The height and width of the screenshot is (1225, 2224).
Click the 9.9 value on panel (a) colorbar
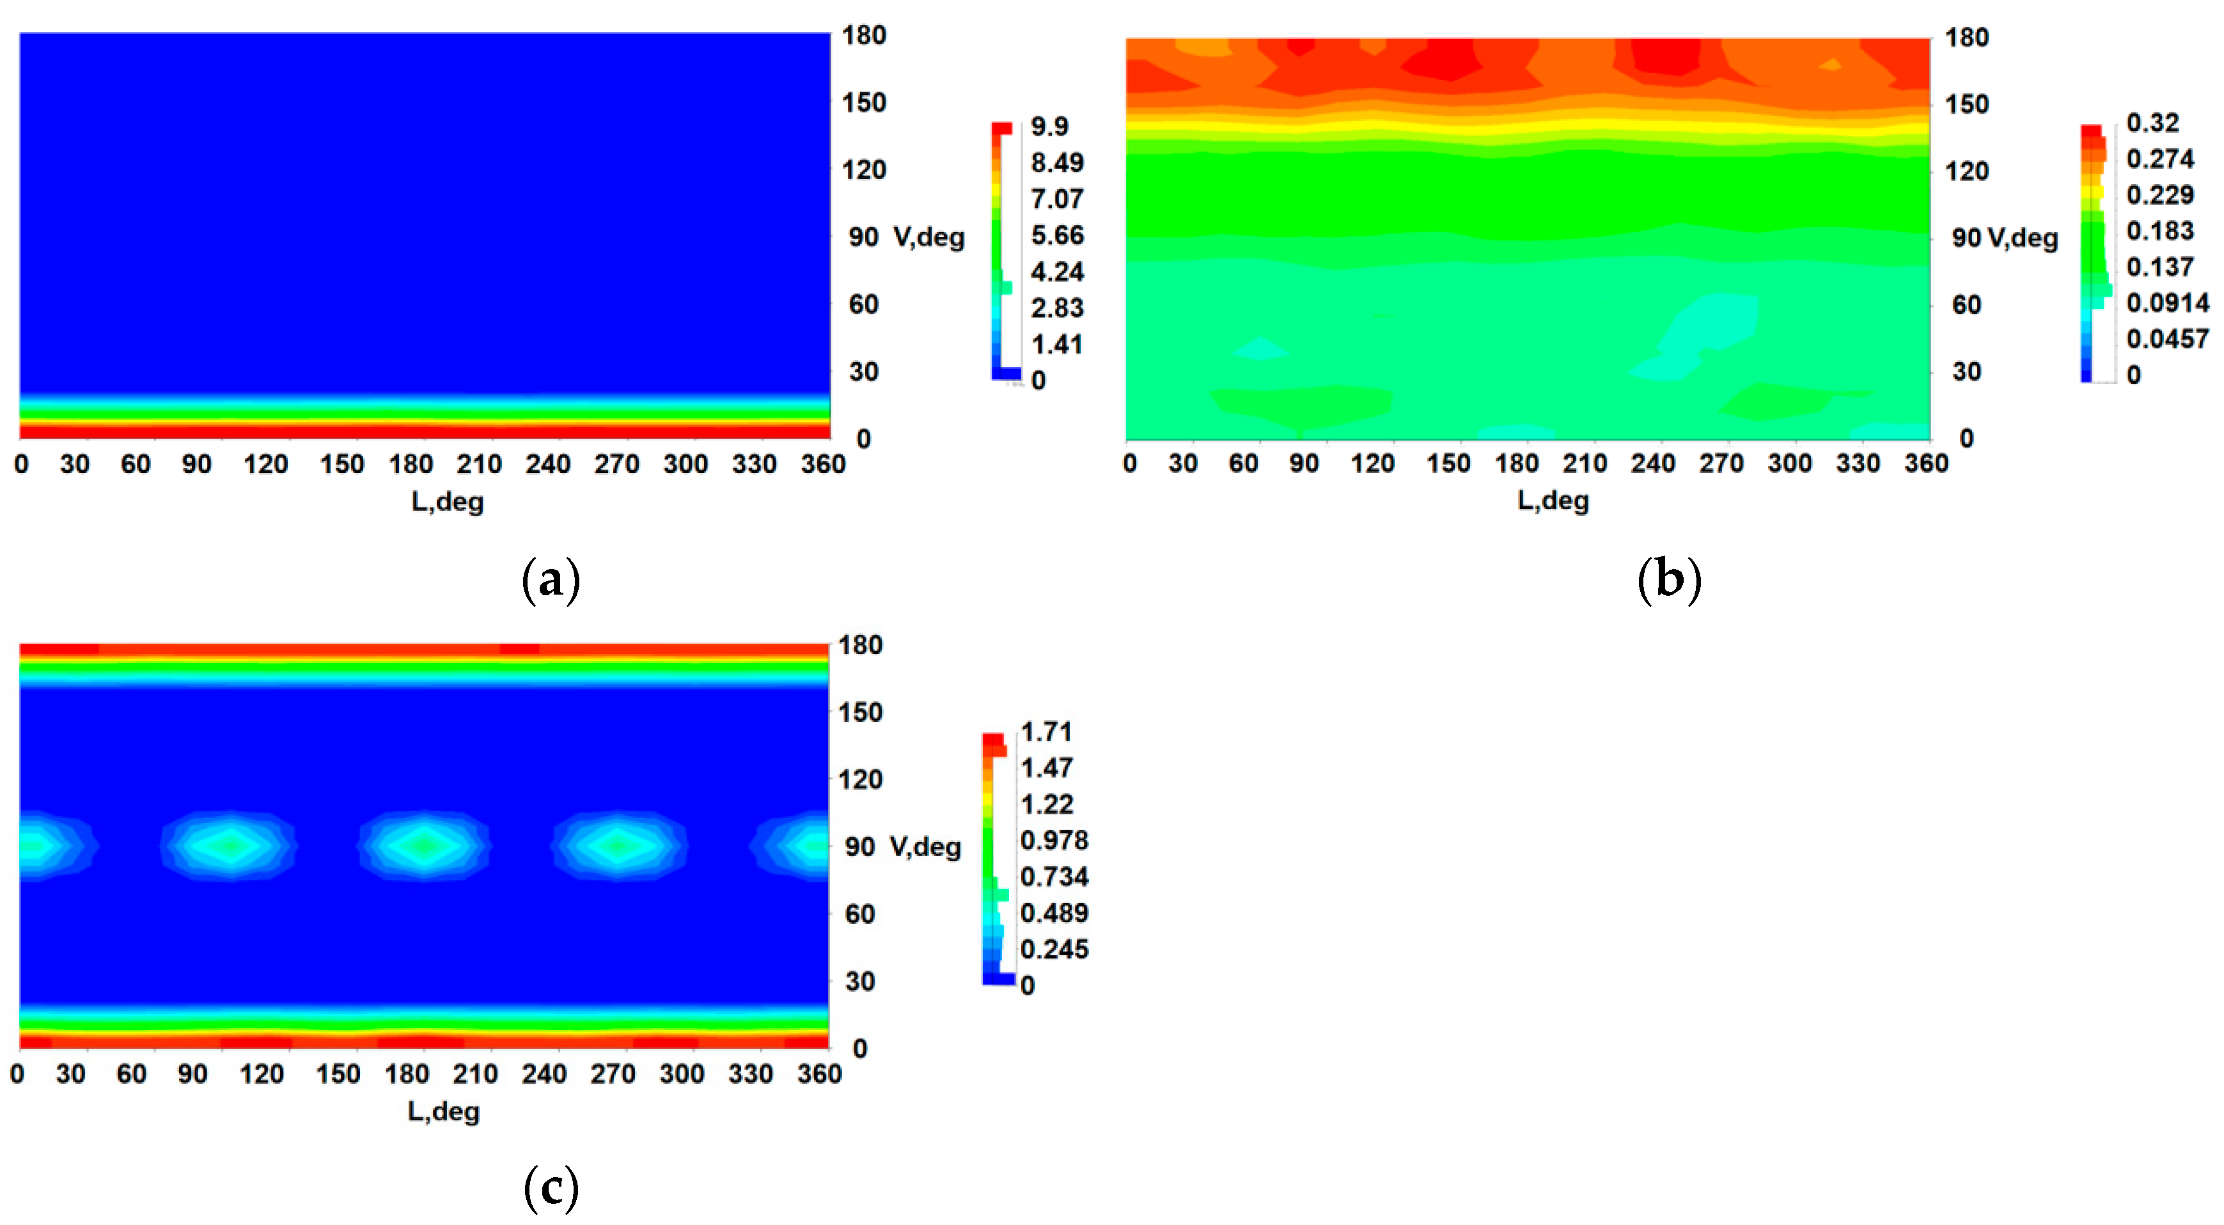[x=1049, y=127]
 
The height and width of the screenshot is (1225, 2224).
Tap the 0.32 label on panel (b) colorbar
[x=2152, y=123]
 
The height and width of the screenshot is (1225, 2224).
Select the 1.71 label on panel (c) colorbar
[x=1045, y=732]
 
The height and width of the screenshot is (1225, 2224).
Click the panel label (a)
[x=551, y=579]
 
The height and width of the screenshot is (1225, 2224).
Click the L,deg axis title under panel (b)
[x=1553, y=501]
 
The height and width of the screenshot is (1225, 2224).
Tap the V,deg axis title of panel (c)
[x=925, y=847]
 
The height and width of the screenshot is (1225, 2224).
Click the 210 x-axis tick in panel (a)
[x=479, y=464]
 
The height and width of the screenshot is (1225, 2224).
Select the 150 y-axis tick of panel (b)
[x=1966, y=104]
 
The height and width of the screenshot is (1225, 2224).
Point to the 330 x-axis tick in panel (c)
[x=750, y=1074]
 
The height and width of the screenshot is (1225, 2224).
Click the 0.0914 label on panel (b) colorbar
[x=2167, y=303]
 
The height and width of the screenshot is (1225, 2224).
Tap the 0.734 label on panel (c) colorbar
[x=1053, y=877]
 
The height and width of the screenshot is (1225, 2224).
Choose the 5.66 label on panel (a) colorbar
[x=1057, y=236]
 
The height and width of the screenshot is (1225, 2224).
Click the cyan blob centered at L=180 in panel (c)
[x=424, y=845]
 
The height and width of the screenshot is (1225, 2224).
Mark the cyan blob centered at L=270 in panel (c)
[x=617, y=845]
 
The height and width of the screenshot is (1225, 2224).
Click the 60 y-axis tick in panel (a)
[x=863, y=305]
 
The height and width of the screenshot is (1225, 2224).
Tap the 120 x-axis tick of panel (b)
[x=1372, y=464]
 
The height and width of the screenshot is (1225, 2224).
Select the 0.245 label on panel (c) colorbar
[x=1053, y=949]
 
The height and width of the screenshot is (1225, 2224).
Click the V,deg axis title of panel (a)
[x=928, y=237]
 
